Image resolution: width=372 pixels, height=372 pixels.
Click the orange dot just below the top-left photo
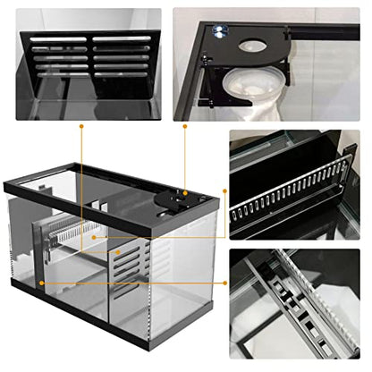[x=81, y=127]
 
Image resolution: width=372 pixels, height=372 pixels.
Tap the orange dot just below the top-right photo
[x=185, y=127]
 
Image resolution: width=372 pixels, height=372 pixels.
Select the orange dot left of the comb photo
[x=227, y=191]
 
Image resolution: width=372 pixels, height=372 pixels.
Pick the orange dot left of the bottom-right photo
[x=227, y=283]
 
